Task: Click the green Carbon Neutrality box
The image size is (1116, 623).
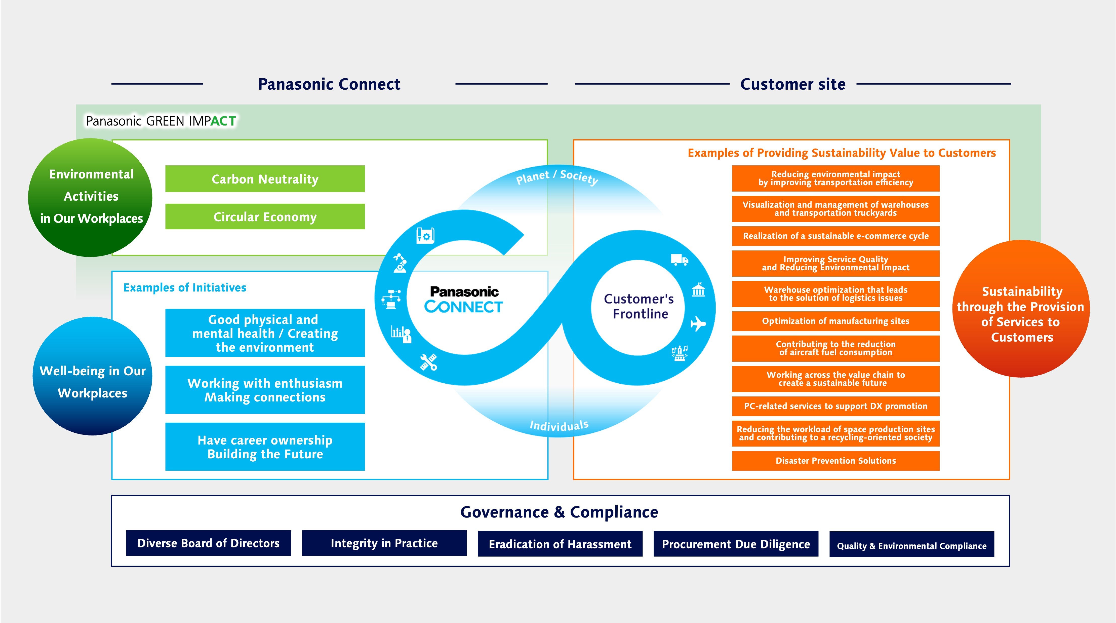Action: point(265,179)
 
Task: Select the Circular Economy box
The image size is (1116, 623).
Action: point(265,216)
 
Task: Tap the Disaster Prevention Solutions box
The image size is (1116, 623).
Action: point(835,460)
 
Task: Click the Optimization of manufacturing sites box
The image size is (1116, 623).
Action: point(835,321)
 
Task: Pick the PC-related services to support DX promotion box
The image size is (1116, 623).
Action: point(835,406)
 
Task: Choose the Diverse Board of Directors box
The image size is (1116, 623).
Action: point(208,543)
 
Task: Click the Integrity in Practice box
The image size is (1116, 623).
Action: point(384,543)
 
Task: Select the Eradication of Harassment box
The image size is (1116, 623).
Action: point(560,544)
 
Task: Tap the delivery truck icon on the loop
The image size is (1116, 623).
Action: point(679,260)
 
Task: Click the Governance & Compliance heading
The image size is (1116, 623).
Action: point(559,512)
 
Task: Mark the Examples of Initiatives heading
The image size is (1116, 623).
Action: point(185,287)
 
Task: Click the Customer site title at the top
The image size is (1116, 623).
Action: point(793,84)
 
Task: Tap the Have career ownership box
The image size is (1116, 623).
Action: point(265,447)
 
